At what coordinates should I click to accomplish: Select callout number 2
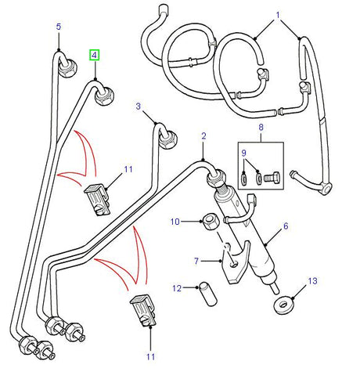(203, 136)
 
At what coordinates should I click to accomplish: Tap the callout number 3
(139, 106)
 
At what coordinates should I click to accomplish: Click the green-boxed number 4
(95, 55)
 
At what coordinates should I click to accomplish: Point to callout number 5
(58, 27)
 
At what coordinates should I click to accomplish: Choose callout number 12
(178, 289)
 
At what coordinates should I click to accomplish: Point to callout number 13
(311, 280)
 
